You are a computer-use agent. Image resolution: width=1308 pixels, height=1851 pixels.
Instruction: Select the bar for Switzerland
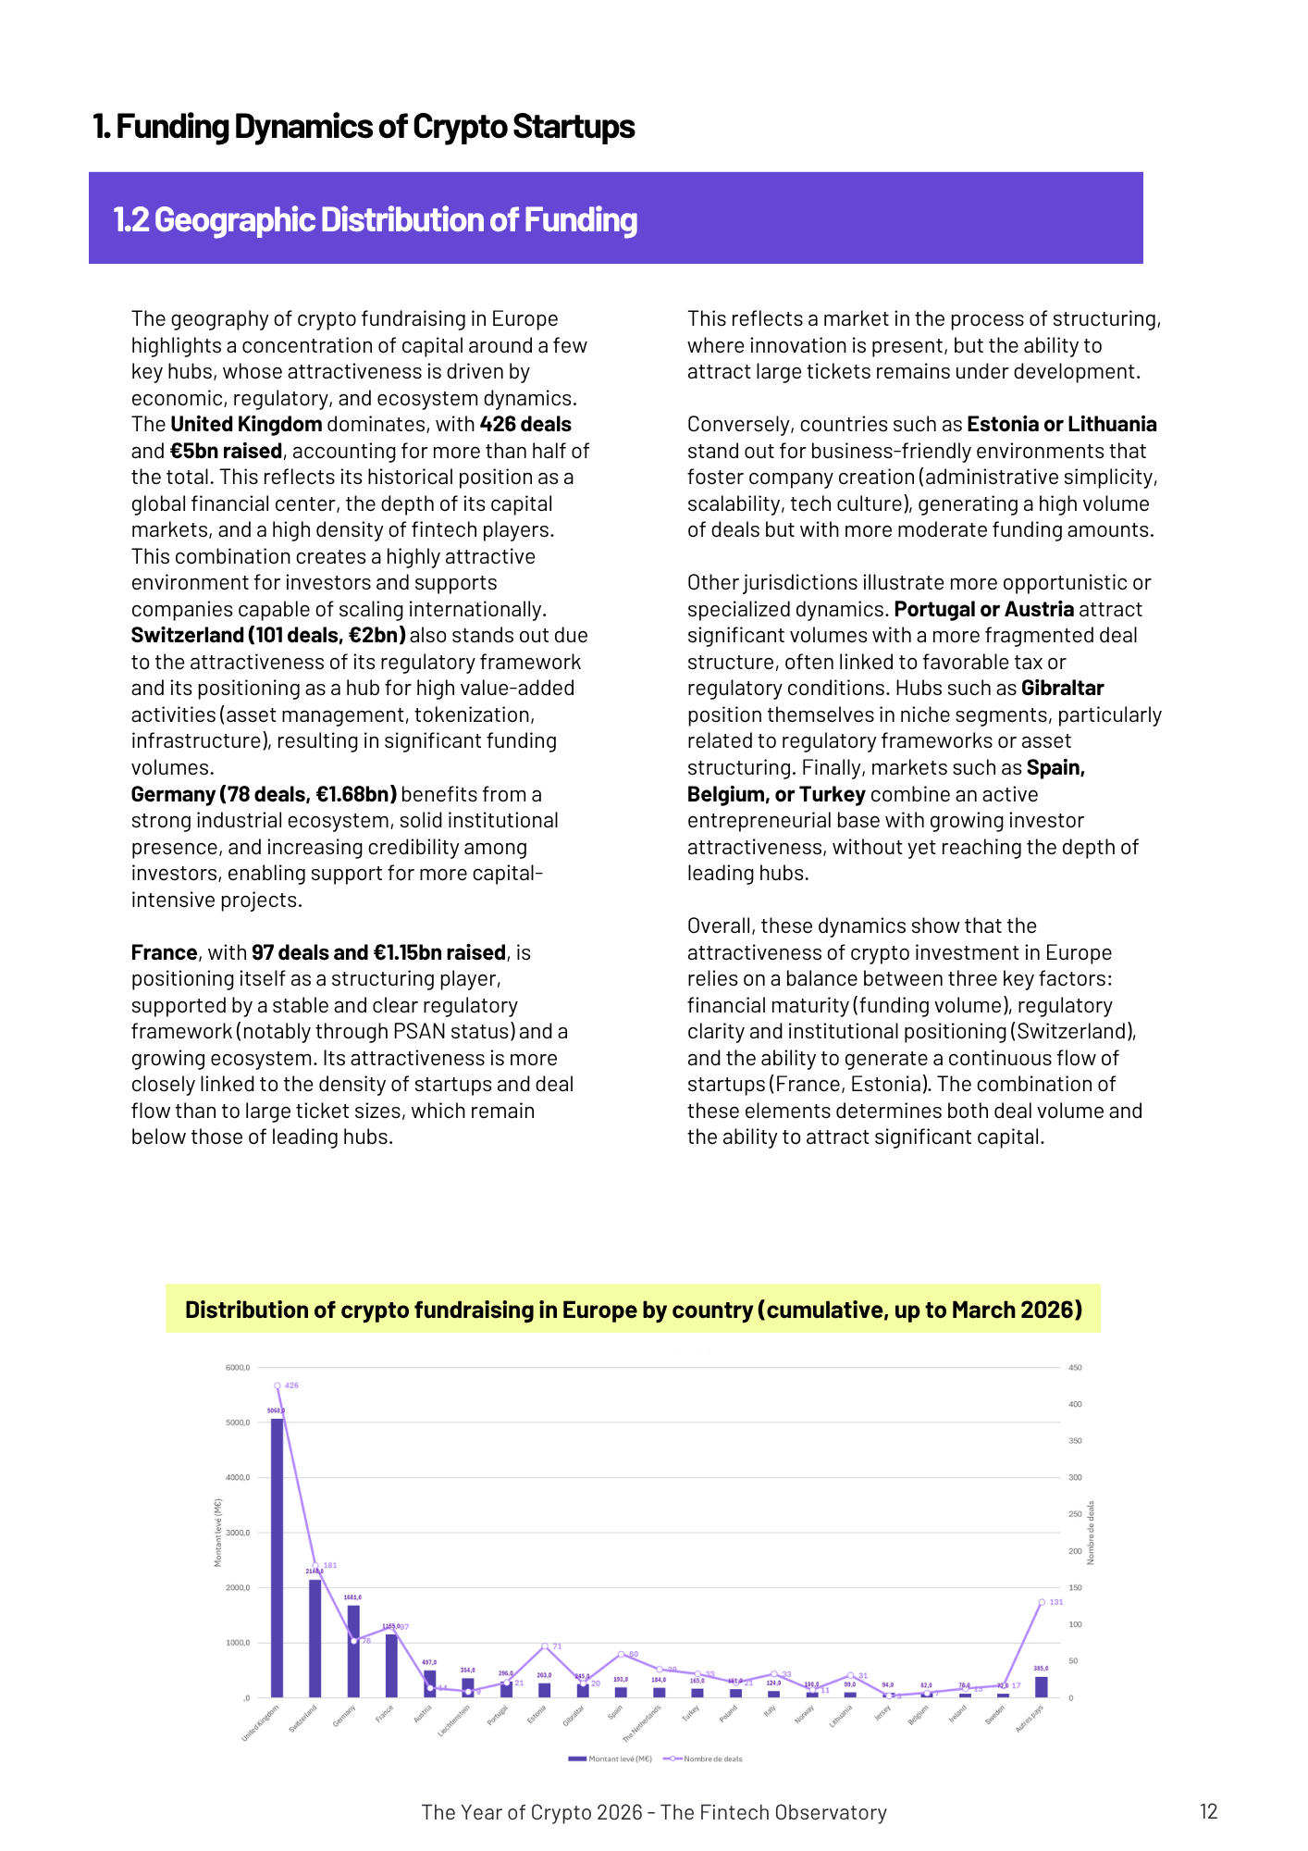(x=315, y=1638)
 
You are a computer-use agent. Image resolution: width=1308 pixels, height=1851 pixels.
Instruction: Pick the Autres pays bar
(x=1042, y=1687)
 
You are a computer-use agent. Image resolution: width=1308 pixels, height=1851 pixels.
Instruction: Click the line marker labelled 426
(x=278, y=1385)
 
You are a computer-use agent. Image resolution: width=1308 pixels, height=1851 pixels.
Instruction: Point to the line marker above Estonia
(x=545, y=1646)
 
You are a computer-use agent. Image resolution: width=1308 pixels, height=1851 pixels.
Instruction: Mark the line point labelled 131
(x=1042, y=1602)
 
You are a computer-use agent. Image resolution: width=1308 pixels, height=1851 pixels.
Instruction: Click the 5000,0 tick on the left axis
(x=238, y=1422)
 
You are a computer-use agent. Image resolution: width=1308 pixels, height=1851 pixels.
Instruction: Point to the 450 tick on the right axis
(x=1076, y=1368)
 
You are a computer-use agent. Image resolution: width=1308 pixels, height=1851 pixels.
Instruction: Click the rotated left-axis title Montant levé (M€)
(x=218, y=1533)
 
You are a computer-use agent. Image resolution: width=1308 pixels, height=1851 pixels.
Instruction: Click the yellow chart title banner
(x=633, y=1310)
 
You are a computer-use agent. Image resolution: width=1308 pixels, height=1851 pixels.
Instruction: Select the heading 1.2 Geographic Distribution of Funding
(x=376, y=220)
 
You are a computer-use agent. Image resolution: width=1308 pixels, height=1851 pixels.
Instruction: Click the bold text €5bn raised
(x=226, y=451)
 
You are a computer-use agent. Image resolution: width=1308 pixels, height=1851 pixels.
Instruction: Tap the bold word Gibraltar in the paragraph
(x=1062, y=689)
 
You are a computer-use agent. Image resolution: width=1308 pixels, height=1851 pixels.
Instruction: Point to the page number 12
(x=1208, y=1811)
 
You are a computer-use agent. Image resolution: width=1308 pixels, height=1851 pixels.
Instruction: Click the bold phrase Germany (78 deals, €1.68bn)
(x=264, y=794)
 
